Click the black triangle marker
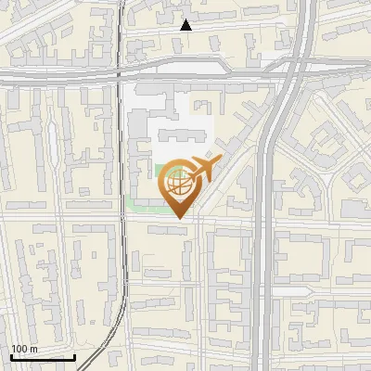coord(186,25)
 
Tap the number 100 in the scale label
coord(19,349)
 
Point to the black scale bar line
coord(43,356)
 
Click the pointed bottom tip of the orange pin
coord(178,219)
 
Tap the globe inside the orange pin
coord(178,183)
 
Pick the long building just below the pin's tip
coord(167,228)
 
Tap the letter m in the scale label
coord(33,349)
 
